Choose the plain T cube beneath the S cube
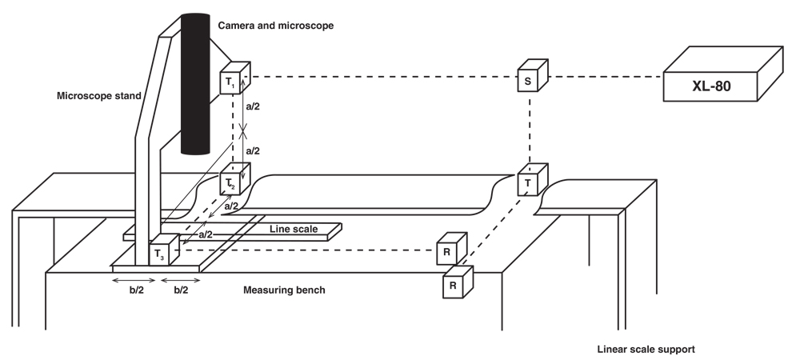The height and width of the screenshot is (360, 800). (530, 183)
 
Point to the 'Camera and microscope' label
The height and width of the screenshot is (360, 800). (275, 26)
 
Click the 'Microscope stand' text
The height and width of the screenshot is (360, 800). (98, 96)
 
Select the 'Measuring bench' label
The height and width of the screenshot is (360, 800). (284, 290)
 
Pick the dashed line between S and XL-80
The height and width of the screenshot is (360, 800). (603, 77)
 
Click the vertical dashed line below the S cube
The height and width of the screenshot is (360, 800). (530, 128)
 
